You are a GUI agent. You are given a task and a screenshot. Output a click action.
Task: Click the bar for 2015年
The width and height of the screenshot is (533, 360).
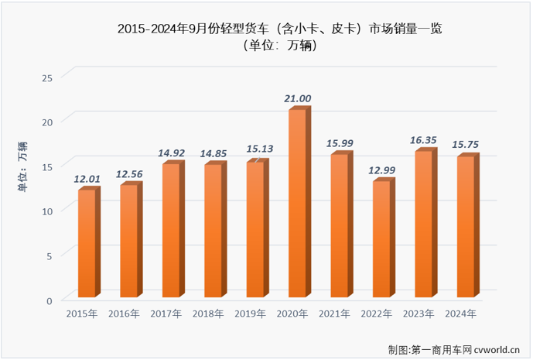point(87,243)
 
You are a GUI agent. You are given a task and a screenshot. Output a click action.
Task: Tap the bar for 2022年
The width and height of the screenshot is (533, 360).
point(382,238)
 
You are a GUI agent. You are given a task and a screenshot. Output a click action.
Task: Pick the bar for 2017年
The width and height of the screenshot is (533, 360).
point(171,230)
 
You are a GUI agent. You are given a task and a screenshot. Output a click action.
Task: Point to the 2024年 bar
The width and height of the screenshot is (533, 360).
point(466,226)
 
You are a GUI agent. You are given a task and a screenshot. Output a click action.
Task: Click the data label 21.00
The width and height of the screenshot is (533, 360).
point(298,98)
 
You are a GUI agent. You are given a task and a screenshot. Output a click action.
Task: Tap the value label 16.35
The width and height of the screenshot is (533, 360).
point(425,140)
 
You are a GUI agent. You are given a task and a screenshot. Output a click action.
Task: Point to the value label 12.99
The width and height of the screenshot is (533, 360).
point(382,170)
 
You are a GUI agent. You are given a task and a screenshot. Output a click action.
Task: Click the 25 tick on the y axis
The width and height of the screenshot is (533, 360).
point(47,77)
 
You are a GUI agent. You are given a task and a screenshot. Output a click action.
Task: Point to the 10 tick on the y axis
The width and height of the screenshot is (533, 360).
point(47,211)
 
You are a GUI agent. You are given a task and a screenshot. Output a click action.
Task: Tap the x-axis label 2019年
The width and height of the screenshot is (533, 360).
point(251,314)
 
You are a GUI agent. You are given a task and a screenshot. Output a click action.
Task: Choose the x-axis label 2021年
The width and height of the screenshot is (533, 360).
point(335,314)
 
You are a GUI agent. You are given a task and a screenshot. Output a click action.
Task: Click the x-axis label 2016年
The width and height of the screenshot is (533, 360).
point(124,314)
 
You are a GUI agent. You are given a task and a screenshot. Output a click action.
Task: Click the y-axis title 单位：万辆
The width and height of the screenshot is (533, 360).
point(22,167)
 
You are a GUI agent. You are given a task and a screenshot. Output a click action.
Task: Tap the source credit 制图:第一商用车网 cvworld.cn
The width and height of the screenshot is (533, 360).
point(456,349)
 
